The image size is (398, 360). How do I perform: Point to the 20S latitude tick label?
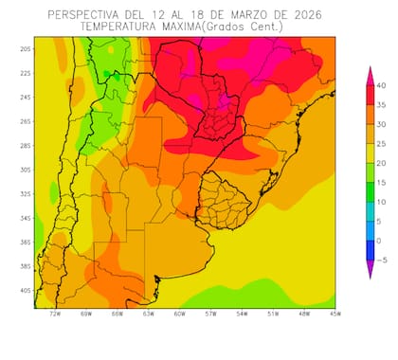coord(26,48)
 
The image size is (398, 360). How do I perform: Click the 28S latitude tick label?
coord(26,145)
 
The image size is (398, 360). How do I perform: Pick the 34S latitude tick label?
coord(26,218)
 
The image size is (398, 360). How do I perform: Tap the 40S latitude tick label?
coord(26,290)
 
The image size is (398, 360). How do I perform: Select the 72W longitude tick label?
coord(55,314)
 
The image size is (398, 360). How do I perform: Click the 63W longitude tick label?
coord(148,314)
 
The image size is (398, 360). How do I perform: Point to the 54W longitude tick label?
coord(241,314)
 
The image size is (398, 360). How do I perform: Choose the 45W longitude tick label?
coord(334,314)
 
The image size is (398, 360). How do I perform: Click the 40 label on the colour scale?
coord(381,85)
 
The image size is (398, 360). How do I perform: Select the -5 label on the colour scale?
coord(381,259)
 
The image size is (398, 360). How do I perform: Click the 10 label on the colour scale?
coord(381,201)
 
